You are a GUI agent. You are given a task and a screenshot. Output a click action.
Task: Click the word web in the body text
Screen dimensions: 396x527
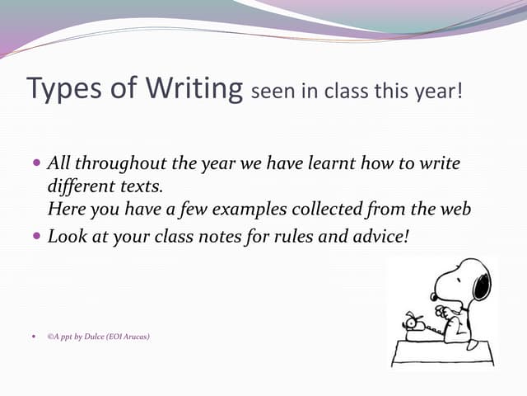[x=455, y=210]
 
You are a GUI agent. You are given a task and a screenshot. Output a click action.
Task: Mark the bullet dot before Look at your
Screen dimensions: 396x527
[x=35, y=236]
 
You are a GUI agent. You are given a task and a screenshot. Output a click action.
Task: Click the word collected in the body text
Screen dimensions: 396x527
[x=340, y=210]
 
